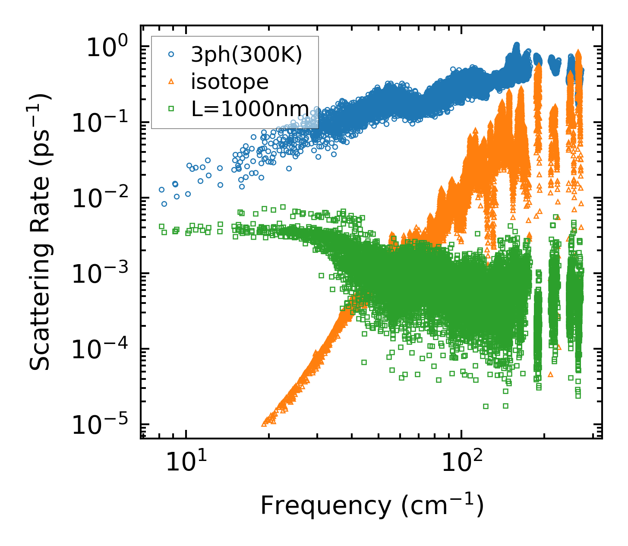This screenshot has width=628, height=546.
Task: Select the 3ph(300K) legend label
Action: (x=246, y=55)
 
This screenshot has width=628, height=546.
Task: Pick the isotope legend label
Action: (x=230, y=82)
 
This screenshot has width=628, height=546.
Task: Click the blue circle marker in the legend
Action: (x=171, y=55)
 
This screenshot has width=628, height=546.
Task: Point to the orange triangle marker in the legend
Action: (x=171, y=82)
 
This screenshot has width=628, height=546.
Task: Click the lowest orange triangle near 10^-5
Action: (x=264, y=424)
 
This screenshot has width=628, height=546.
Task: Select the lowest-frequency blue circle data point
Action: (x=161, y=189)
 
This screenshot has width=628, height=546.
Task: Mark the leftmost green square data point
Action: (x=161, y=226)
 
